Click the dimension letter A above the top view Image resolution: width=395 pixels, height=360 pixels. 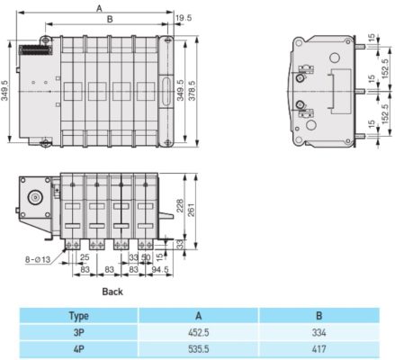(x=97, y=7)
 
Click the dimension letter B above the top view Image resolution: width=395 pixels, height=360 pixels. (x=109, y=19)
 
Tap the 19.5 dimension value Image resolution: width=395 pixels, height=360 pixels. (x=184, y=18)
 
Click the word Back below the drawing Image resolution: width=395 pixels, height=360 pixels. (x=112, y=292)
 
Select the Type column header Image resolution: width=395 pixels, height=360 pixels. (x=78, y=316)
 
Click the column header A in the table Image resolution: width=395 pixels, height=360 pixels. (x=197, y=316)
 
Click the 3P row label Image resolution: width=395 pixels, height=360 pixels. (x=78, y=331)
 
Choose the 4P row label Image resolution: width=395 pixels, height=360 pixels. (x=78, y=346)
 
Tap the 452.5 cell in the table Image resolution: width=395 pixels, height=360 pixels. (x=197, y=331)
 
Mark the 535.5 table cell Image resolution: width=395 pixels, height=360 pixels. (x=197, y=346)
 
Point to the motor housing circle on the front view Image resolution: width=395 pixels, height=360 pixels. (x=33, y=197)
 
